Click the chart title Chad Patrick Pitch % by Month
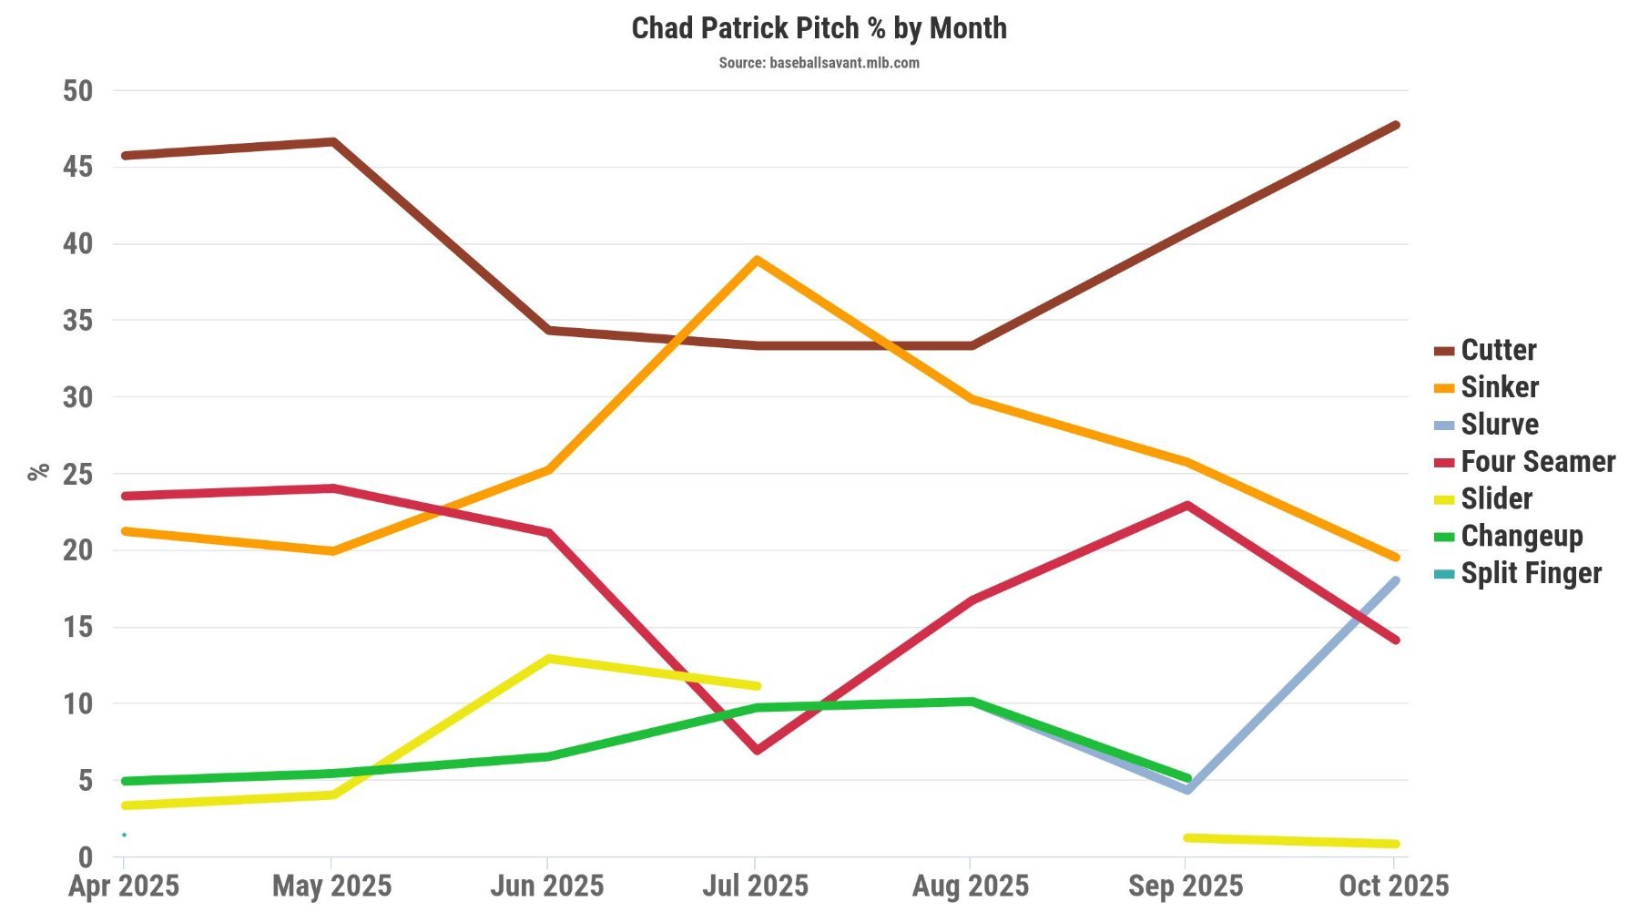(x=819, y=28)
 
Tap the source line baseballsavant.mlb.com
(x=819, y=63)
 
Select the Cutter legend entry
(x=1498, y=350)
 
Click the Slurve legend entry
(x=1499, y=425)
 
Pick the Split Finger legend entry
(x=1531, y=573)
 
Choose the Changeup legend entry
(x=1521, y=536)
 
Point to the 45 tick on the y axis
(x=78, y=167)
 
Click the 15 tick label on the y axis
(x=78, y=627)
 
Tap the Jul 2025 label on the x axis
(x=755, y=886)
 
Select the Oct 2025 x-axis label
(x=1393, y=886)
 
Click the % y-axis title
(x=38, y=472)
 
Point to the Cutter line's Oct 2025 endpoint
(x=1396, y=125)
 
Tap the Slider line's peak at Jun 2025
(x=547, y=658)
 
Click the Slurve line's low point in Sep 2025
(x=1187, y=790)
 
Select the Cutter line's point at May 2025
(x=334, y=142)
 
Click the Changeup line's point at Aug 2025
(x=972, y=701)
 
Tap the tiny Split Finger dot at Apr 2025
(x=124, y=835)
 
